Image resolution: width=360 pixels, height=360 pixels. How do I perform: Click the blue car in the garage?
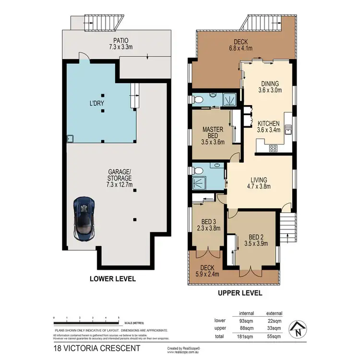coord(84,218)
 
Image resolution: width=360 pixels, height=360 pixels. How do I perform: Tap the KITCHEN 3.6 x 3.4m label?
coord(269,126)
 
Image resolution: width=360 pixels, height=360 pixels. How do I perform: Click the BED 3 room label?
coord(208,225)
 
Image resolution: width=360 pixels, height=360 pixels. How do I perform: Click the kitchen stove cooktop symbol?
coord(273,148)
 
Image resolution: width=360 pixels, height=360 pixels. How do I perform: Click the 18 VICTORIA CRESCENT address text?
coord(97,348)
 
